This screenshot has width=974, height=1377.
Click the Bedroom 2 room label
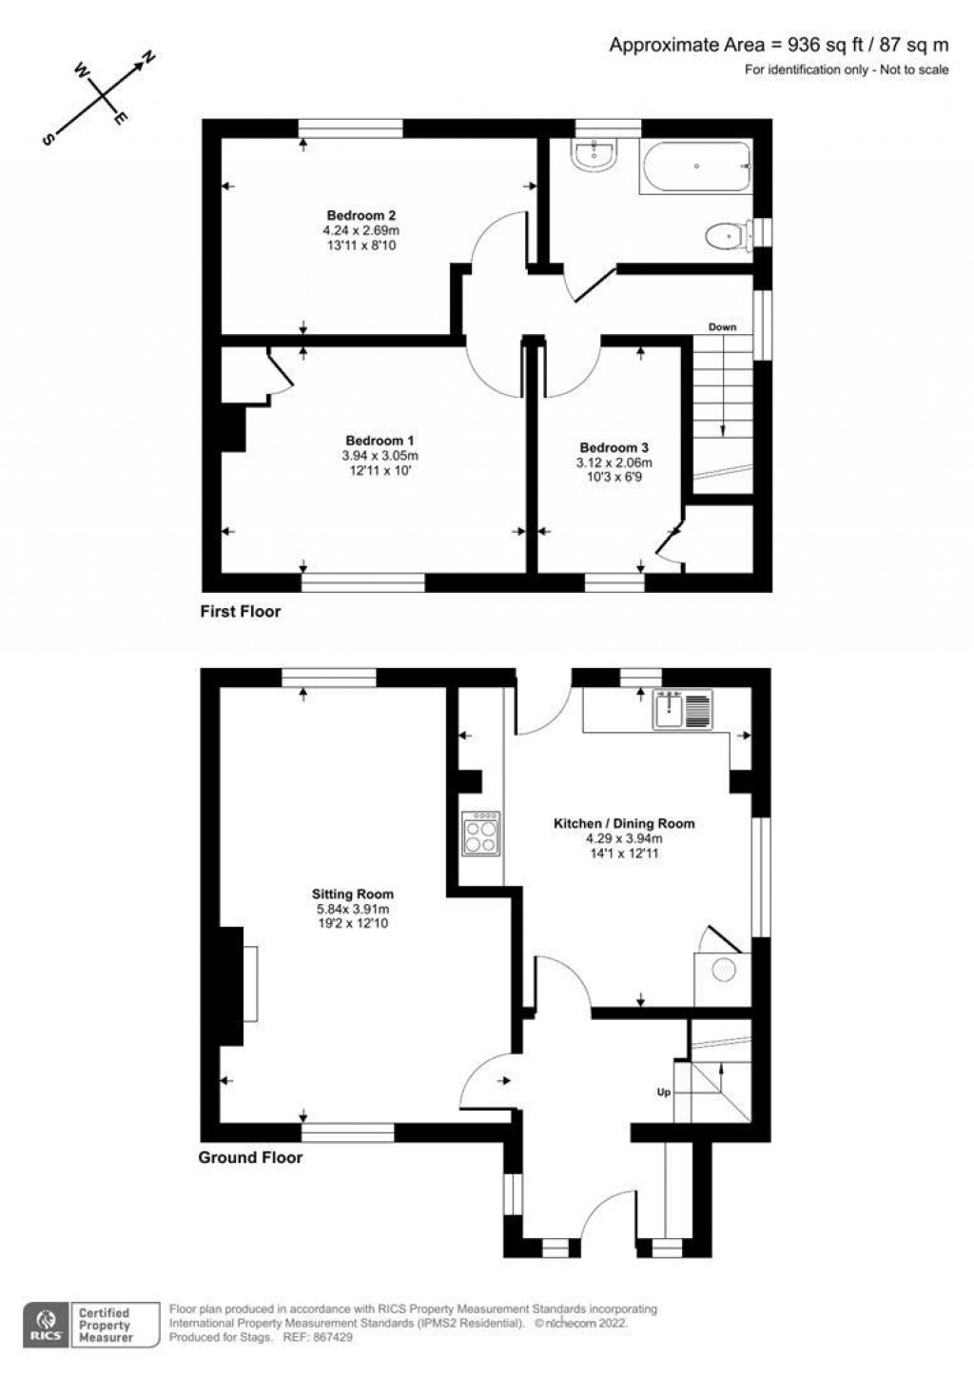(360, 215)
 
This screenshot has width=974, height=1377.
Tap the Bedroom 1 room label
(380, 441)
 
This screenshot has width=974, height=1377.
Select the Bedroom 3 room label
(614, 447)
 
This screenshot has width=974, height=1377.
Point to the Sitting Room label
(353, 895)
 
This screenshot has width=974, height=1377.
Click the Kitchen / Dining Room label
(624, 823)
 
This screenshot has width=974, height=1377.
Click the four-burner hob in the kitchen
(480, 834)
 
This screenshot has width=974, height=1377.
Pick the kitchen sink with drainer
(682, 710)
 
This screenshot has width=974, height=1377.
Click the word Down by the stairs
(722, 327)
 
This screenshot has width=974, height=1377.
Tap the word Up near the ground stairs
(664, 1092)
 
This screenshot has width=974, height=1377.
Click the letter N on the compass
(148, 59)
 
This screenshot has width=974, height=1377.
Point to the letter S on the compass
(46, 139)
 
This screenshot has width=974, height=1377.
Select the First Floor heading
(240, 611)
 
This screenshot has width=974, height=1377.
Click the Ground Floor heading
(250, 1157)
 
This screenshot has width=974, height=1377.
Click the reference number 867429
(334, 1337)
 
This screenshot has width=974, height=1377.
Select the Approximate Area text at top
(779, 45)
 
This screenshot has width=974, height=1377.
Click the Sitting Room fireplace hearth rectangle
(250, 984)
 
